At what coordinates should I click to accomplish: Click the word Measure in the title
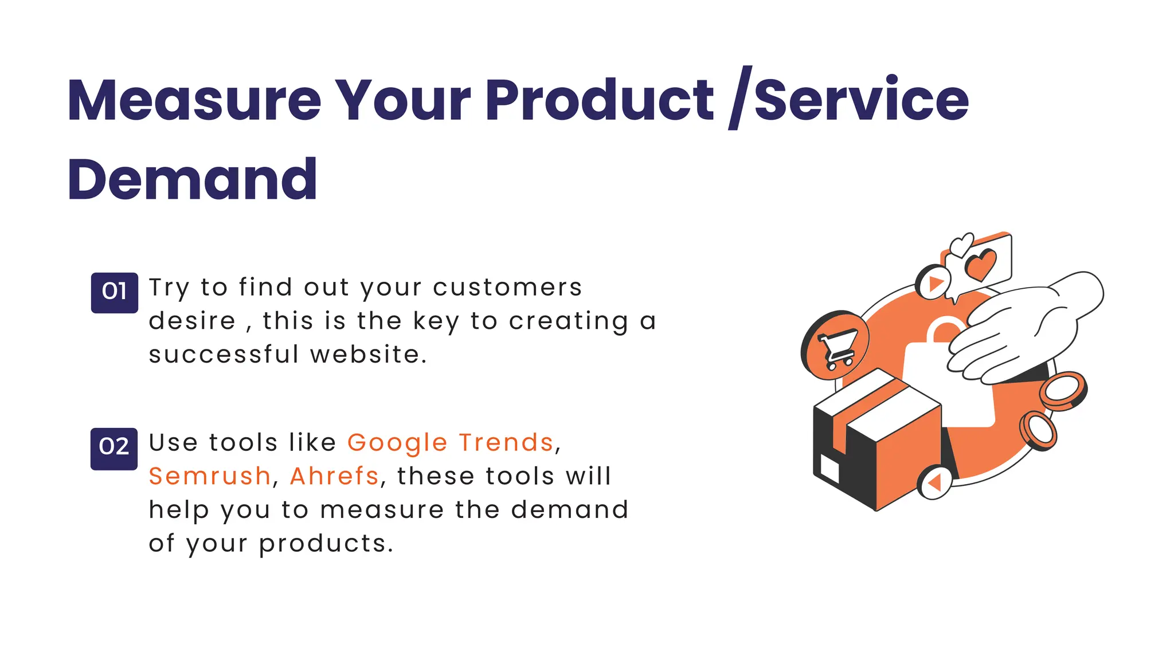tap(194, 100)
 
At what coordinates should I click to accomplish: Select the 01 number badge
tap(114, 292)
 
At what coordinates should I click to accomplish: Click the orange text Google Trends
tap(451, 443)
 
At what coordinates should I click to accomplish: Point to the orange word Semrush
tap(209, 476)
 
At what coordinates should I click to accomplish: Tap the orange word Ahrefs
tap(334, 476)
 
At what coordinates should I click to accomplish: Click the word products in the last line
tap(326, 544)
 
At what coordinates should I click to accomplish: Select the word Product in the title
tap(600, 100)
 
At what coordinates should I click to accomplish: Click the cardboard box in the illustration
tap(877, 441)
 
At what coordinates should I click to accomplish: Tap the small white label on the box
tap(829, 468)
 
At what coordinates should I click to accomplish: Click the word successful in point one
tap(224, 355)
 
